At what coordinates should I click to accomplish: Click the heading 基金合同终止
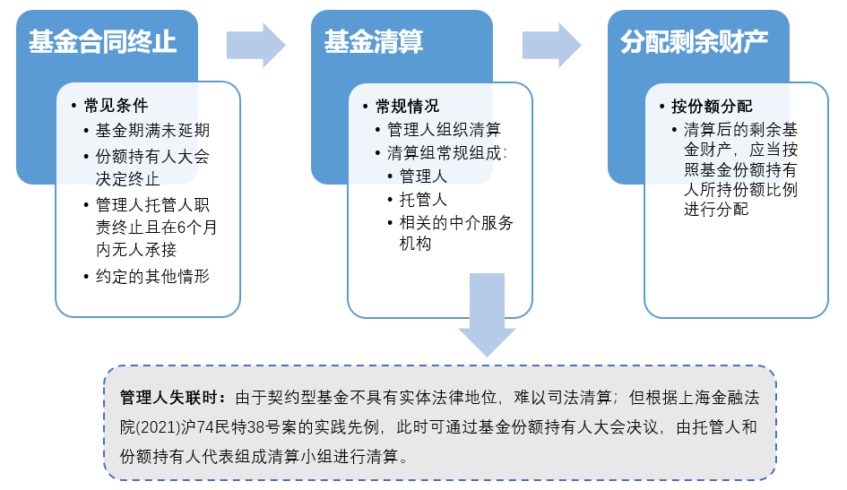(103, 42)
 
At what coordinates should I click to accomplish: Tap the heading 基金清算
(374, 42)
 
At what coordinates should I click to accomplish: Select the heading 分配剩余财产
(694, 42)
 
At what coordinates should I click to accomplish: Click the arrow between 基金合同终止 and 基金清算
(255, 46)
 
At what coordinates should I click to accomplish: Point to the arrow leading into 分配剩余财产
(551, 46)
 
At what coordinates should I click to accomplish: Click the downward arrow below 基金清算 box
(488, 314)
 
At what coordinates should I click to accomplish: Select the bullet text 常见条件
(117, 106)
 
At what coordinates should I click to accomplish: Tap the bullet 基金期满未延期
(153, 130)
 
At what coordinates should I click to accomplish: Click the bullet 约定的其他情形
(153, 276)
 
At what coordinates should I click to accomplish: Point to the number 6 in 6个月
(182, 228)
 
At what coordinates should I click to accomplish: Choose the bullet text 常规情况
(408, 107)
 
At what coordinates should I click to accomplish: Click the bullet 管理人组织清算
(444, 130)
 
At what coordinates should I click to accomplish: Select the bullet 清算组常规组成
(446, 153)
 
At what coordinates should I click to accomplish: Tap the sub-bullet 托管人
(423, 200)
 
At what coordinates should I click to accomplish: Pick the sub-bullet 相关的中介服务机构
(456, 233)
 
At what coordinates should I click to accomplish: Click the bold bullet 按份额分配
(712, 107)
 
